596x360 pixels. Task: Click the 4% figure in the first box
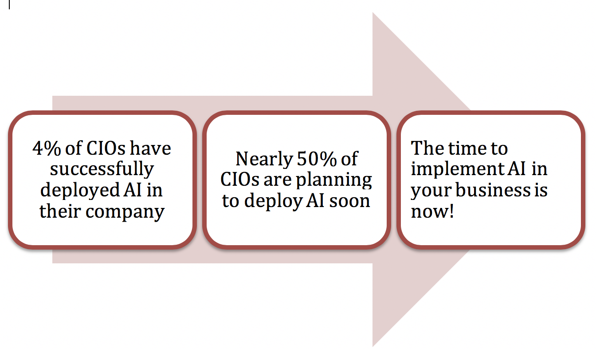coord(47,148)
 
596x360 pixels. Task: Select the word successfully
coord(102,169)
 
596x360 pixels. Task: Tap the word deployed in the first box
coord(80,191)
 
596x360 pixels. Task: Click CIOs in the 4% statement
coord(106,148)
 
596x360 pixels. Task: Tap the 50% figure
coord(316,159)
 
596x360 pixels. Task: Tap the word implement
coord(457,169)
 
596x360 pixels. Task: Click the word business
coord(493,190)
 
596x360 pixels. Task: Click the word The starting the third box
coord(427,148)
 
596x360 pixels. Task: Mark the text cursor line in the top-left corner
coord(9,4)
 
